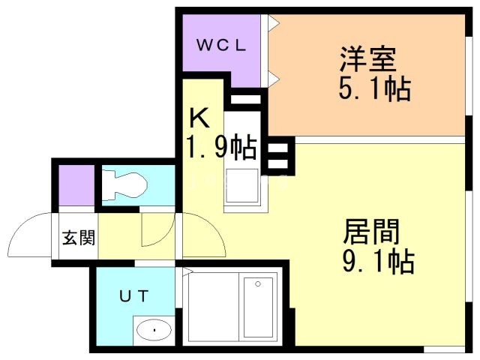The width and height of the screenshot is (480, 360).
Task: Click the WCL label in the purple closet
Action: [222, 43]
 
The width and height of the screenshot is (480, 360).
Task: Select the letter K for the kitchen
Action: [199, 119]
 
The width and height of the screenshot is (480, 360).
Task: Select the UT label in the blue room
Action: [136, 295]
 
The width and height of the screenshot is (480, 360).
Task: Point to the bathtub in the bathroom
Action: [259, 307]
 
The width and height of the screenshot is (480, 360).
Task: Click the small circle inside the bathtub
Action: [258, 283]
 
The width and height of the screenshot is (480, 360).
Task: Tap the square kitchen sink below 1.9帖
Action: [241, 184]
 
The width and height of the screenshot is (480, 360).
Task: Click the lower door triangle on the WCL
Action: [274, 77]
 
